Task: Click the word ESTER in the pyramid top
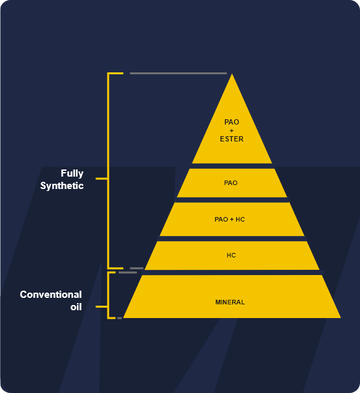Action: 232,139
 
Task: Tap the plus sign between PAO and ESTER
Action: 232,130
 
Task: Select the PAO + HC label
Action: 230,219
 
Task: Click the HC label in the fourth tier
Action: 231,255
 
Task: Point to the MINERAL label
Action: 230,302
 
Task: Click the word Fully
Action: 72,173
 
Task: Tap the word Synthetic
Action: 62,186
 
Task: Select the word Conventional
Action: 51,295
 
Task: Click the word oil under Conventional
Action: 76,307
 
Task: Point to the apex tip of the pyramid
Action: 232,74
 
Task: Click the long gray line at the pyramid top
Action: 178,74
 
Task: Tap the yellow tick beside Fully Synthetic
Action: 102,179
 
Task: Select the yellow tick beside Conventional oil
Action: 102,306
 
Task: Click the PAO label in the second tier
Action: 231,182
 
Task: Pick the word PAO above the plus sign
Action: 232,122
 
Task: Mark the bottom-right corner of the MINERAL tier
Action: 340,318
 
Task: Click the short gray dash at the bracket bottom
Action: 119,318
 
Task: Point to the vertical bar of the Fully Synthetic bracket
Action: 108,171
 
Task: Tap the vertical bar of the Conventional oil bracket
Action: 108,295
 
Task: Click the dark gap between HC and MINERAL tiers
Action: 233,272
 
